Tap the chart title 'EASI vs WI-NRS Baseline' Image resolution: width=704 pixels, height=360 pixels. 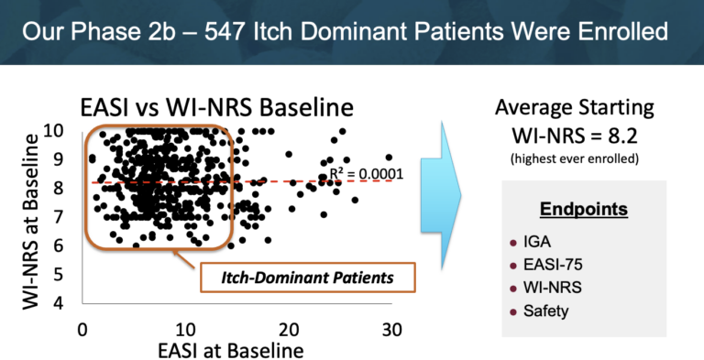(x=217, y=107)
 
